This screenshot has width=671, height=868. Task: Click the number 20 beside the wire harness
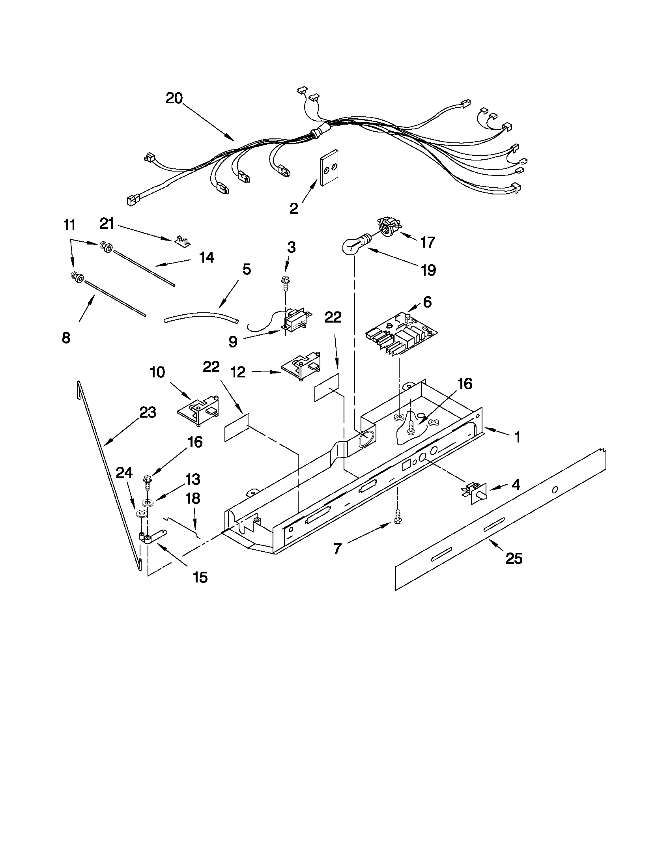tap(174, 98)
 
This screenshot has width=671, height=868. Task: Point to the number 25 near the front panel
tap(514, 558)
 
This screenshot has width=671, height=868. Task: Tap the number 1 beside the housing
tap(517, 437)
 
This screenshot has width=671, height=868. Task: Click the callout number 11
tap(69, 225)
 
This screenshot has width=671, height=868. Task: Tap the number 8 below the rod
tap(66, 338)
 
